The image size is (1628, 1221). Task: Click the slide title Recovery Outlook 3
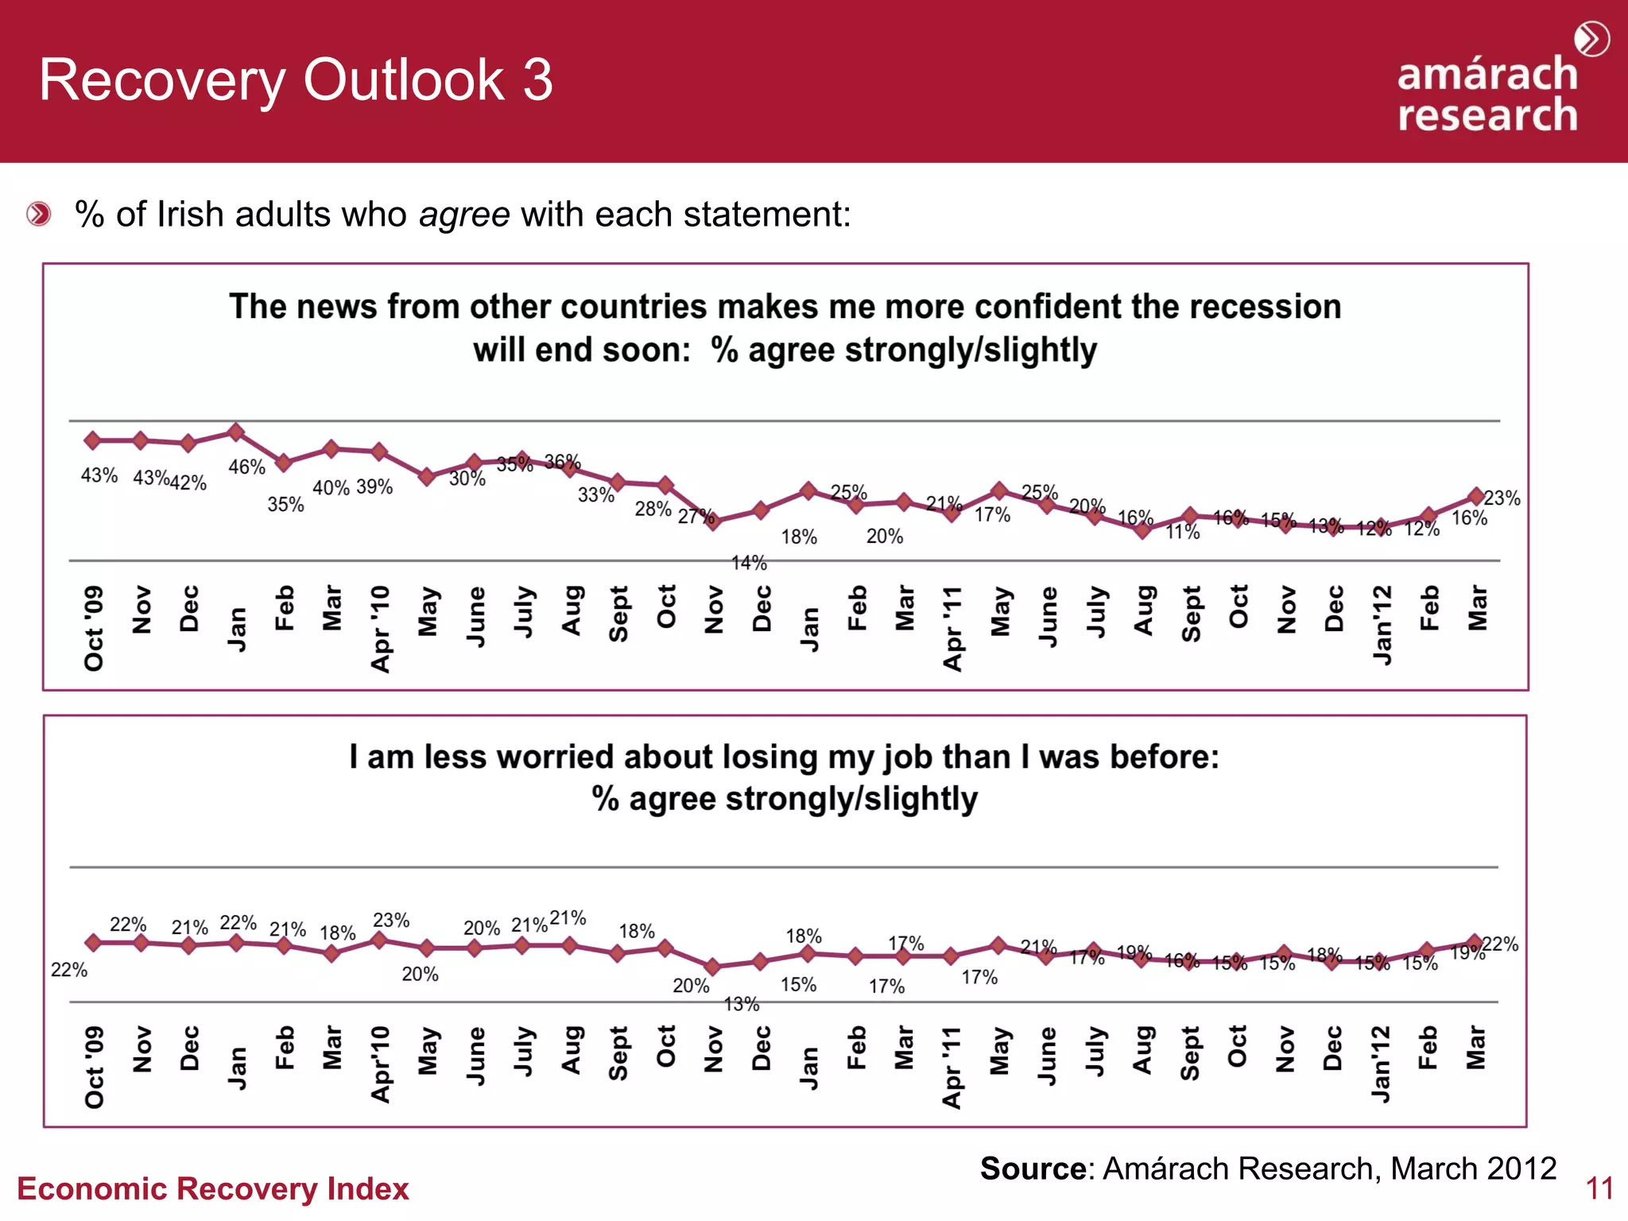(x=296, y=80)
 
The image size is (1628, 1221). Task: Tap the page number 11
(x=1599, y=1188)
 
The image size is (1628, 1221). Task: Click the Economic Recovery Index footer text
(x=212, y=1188)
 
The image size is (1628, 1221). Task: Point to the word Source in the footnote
(x=1032, y=1169)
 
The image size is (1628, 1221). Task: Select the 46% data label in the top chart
(x=246, y=467)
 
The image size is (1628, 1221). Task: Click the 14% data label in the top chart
(x=749, y=563)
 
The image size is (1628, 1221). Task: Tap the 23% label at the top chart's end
(x=1502, y=498)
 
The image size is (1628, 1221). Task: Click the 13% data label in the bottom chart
(x=742, y=1004)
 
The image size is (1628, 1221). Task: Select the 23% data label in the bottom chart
(x=391, y=920)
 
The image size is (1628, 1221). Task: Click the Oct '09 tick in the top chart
(x=94, y=628)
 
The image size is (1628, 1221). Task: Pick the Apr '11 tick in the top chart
(x=952, y=628)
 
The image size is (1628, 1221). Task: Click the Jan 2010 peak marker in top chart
(x=236, y=432)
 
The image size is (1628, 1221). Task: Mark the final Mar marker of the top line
(x=1476, y=496)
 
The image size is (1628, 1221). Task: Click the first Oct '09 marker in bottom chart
(x=93, y=943)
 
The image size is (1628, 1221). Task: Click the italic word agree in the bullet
(x=464, y=215)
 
